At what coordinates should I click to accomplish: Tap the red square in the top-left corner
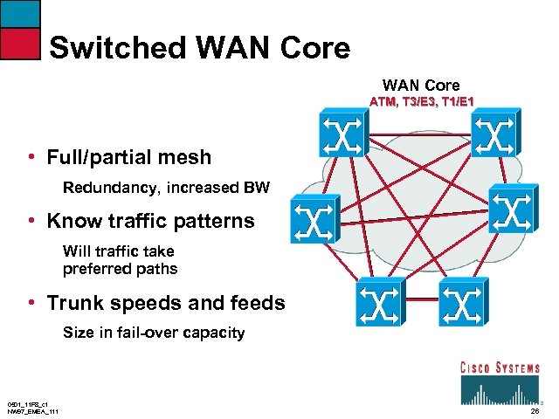[x=20, y=43]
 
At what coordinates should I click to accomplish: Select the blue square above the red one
[x=20, y=12]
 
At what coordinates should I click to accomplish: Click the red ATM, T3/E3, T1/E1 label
[x=421, y=102]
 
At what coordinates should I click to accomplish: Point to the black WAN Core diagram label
[x=421, y=85]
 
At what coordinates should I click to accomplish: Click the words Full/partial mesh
[x=129, y=158]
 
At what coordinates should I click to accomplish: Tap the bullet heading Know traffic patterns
[x=150, y=222]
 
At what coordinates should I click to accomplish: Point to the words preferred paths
[x=120, y=269]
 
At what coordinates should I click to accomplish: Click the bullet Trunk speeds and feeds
[x=166, y=304]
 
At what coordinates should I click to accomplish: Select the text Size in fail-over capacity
[x=154, y=333]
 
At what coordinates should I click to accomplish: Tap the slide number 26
[x=535, y=410]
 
